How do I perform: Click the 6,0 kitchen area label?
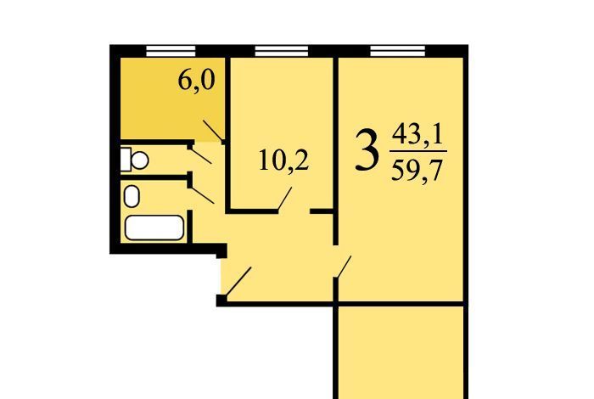[x=196, y=81]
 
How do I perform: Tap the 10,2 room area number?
[x=283, y=160]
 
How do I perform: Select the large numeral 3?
[x=367, y=149]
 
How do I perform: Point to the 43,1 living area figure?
[x=417, y=135]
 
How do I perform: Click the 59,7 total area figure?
[x=417, y=171]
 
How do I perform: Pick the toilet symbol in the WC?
[x=134, y=160]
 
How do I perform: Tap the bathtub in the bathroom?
[x=154, y=228]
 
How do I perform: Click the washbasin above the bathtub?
[x=132, y=196]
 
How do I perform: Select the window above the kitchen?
[x=171, y=51]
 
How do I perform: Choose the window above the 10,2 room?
[x=281, y=51]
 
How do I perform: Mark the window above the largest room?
[x=398, y=51]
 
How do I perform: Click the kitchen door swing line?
[x=213, y=131]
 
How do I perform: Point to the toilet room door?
[x=200, y=155]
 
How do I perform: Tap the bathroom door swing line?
[x=202, y=194]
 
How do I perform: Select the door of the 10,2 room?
[x=285, y=199]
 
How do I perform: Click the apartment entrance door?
[x=238, y=281]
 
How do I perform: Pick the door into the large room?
[x=343, y=267]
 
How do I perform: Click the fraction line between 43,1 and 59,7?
[x=418, y=152]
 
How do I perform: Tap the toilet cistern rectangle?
[x=126, y=160]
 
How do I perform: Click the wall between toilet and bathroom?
[x=155, y=177]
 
